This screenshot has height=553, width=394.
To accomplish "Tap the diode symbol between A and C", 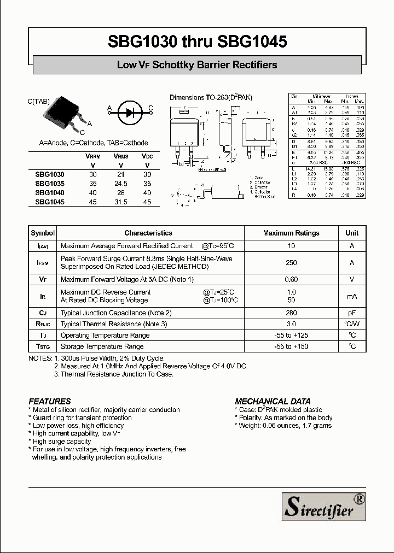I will pyautogui.click(x=130, y=113).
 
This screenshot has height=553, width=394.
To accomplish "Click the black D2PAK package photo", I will pyautogui.click(x=63, y=114).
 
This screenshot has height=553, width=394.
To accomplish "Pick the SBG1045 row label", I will pyautogui.click(x=49, y=202).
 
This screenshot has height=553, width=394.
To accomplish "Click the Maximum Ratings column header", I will pyautogui.click(x=291, y=233).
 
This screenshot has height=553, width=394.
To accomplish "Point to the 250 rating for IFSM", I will pyautogui.click(x=291, y=263).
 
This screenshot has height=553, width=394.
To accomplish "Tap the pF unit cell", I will pyautogui.click(x=352, y=313).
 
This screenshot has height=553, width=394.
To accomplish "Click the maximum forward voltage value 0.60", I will pyautogui.click(x=291, y=280).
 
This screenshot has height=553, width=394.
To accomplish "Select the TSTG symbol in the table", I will pyautogui.click(x=43, y=346).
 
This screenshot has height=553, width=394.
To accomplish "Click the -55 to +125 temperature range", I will pyautogui.click(x=291, y=336).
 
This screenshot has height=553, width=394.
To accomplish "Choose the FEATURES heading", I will pyautogui.click(x=50, y=401).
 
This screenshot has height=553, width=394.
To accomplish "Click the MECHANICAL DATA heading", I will pyautogui.click(x=273, y=401).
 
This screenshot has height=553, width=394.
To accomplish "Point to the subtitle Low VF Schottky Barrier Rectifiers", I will pyautogui.click(x=197, y=65).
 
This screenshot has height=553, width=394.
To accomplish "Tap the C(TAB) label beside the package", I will pyautogui.click(x=38, y=101).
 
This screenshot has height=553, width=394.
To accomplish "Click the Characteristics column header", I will pyautogui.click(x=148, y=233).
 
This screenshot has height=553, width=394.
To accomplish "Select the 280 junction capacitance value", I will pyautogui.click(x=291, y=313).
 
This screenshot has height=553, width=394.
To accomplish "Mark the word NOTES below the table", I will pyautogui.click(x=40, y=358).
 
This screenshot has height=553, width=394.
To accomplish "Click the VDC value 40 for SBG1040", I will pyautogui.click(x=147, y=193).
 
